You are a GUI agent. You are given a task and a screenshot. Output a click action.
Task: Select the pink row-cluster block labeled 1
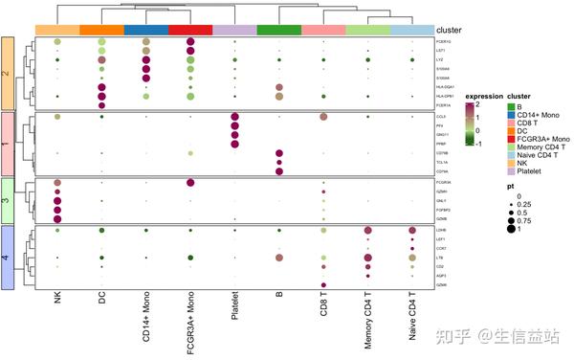(8, 143)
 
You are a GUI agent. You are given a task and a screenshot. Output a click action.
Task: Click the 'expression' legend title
(483, 96)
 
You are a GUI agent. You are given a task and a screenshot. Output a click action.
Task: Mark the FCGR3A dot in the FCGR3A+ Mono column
(190, 183)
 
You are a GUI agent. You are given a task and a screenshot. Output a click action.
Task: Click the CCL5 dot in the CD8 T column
(324, 117)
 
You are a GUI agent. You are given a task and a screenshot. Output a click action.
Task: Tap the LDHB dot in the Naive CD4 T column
(412, 231)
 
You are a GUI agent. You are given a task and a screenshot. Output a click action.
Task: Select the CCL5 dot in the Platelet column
(235, 117)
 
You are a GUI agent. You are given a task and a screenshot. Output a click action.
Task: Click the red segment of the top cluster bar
(190, 31)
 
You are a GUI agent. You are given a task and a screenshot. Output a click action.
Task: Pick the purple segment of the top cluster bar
(235, 31)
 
